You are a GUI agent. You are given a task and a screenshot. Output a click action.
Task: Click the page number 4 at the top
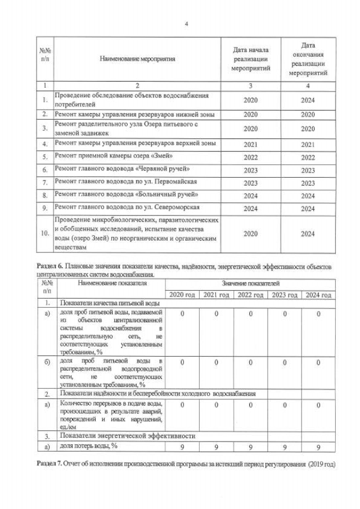[x=186, y=23]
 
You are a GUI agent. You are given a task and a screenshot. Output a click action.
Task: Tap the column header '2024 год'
[x=318, y=295]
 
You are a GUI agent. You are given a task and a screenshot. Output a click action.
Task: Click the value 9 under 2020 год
[x=183, y=447]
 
